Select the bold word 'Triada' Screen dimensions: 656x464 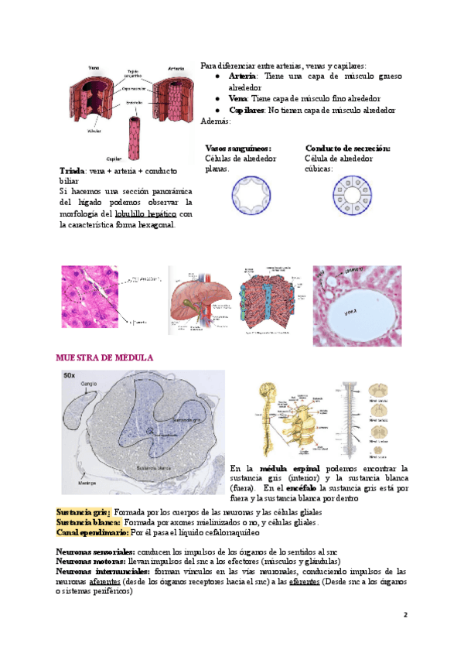pos(73,170)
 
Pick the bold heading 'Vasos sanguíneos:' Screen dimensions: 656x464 pos(238,148)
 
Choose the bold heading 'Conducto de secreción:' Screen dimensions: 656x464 pos(348,148)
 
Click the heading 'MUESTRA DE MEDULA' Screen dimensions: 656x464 pos(104,358)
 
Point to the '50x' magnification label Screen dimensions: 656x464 pos(70,375)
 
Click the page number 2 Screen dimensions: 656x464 pos(404,614)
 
